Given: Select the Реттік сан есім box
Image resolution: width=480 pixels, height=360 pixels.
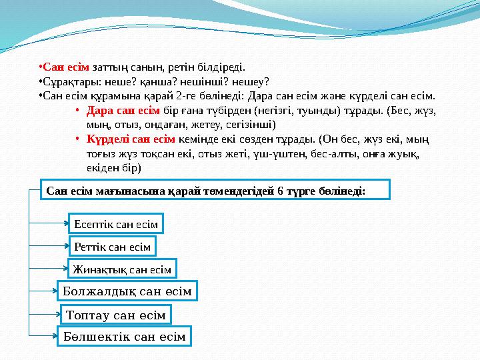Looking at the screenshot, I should tap(112, 247).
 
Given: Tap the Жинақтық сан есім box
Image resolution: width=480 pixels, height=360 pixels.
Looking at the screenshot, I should tap(122, 269).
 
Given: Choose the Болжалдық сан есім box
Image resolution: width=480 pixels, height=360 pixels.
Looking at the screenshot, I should tap(127, 291).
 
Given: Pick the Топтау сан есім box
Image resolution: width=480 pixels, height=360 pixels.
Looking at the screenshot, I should tap(116, 314).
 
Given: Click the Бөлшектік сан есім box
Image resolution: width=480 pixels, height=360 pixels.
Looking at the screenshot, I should tap(125, 337).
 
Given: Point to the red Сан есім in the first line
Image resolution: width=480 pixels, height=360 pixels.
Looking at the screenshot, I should tap(66, 67).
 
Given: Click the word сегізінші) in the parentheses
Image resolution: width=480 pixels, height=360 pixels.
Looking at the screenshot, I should tap(255, 125).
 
